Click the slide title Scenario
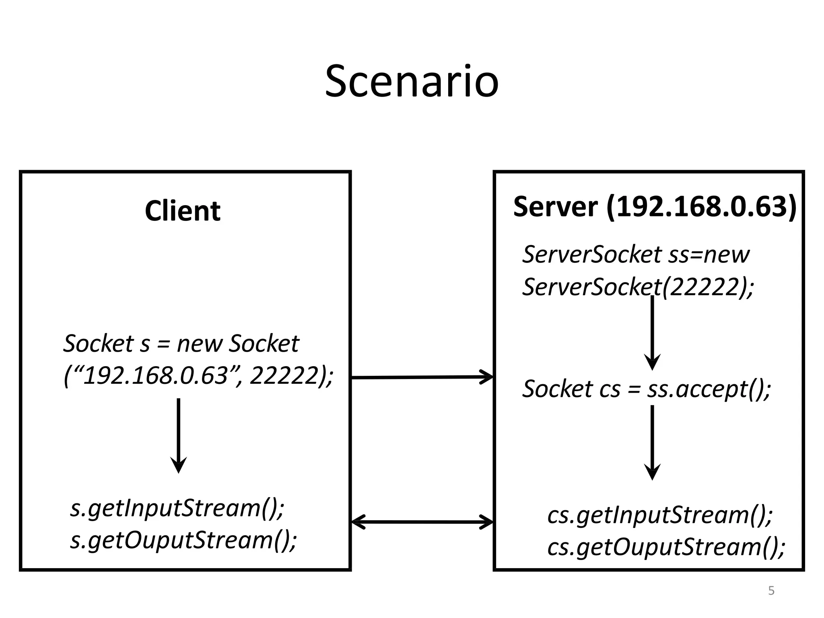412,82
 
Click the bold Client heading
183,211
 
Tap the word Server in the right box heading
555,207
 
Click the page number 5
771,591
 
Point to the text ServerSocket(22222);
638,287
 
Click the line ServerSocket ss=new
636,255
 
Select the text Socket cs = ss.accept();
646,389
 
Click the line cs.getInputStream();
660,515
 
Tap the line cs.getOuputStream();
666,547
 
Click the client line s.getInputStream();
177,508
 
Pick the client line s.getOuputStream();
183,540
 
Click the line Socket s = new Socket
181,344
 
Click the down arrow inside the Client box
178,435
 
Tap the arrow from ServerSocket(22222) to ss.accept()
652,332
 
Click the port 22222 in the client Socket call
284,376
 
